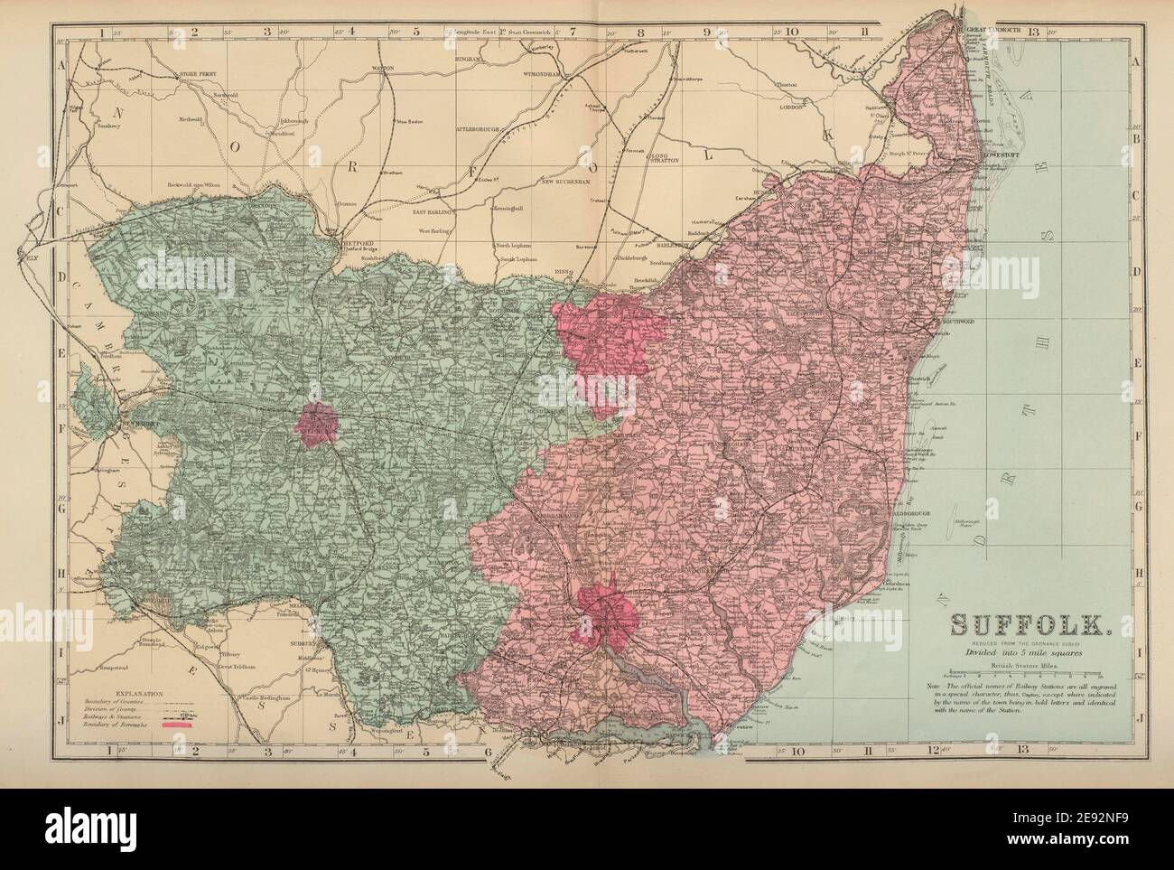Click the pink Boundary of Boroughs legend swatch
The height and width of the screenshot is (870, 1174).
point(180,725)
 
